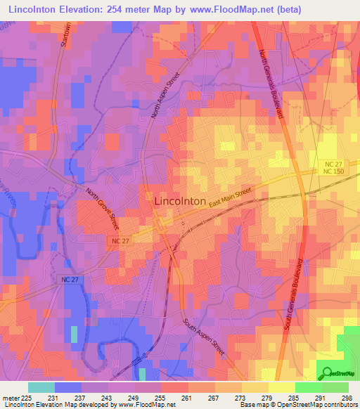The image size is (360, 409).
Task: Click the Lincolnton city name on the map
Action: [179, 201]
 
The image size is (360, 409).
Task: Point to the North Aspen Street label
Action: [165, 95]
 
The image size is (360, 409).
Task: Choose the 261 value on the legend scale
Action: [187, 397]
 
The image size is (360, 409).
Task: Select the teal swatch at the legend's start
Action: [41, 387]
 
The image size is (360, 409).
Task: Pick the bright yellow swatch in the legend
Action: [282, 387]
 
